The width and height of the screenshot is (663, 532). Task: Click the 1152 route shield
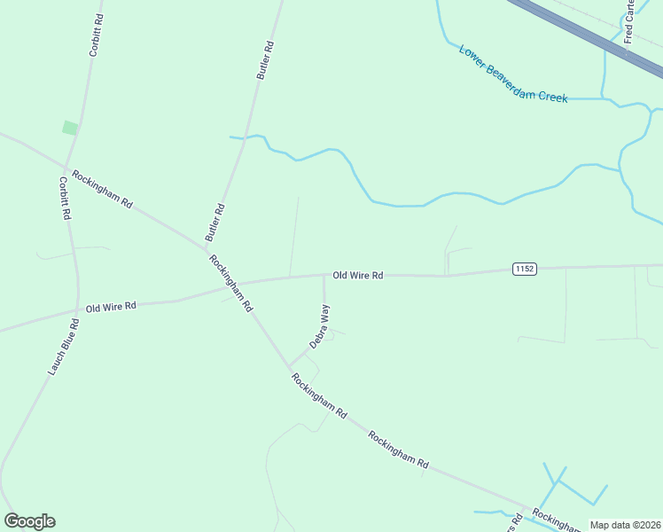click(524, 269)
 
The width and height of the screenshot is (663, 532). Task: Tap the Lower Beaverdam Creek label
click(513, 74)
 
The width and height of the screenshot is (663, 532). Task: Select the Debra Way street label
click(319, 325)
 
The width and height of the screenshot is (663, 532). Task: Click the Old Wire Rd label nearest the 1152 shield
click(357, 276)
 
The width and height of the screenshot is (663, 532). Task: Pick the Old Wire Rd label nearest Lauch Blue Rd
click(111, 307)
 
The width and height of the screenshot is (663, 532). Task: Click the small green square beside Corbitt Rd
click(69, 129)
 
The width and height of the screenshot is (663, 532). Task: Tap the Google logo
click(29, 521)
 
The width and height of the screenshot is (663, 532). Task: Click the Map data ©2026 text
click(624, 525)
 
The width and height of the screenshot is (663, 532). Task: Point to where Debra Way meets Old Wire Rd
click(323, 275)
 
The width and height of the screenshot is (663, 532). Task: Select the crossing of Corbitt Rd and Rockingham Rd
click(66, 167)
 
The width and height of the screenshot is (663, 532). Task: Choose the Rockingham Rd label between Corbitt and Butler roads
click(102, 189)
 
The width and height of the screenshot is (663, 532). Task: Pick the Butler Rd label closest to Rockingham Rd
click(215, 223)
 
